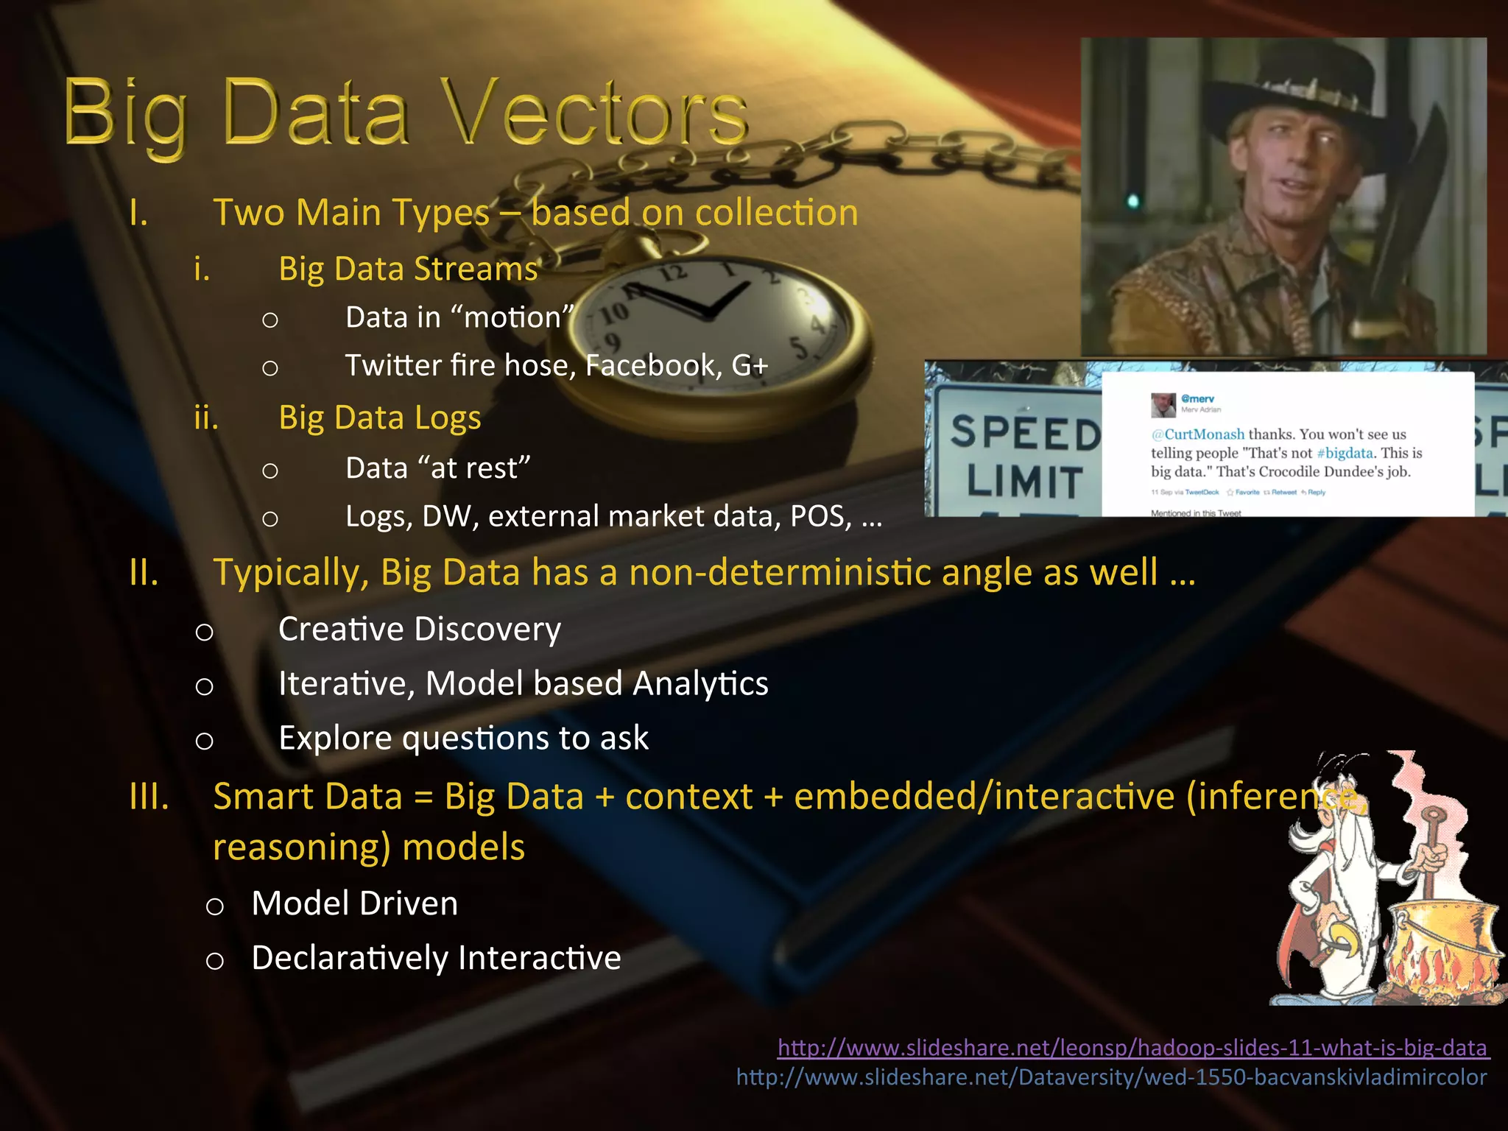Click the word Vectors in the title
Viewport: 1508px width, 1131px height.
(x=598, y=114)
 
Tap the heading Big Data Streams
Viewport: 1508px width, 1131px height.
(x=408, y=269)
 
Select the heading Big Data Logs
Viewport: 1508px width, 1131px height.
(x=380, y=417)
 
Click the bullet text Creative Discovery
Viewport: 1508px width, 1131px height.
(x=420, y=630)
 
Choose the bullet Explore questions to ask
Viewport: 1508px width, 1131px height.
(x=464, y=738)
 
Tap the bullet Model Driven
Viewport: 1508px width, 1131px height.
(x=355, y=903)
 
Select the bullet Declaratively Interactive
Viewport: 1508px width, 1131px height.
(x=436, y=958)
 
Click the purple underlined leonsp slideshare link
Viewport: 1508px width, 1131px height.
(x=1134, y=1047)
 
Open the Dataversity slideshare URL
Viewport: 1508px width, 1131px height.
(x=1112, y=1077)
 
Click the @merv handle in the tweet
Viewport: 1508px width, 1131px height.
(x=1197, y=398)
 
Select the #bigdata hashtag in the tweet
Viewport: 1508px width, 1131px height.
(x=1345, y=453)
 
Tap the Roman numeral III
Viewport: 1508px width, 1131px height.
(x=149, y=797)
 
